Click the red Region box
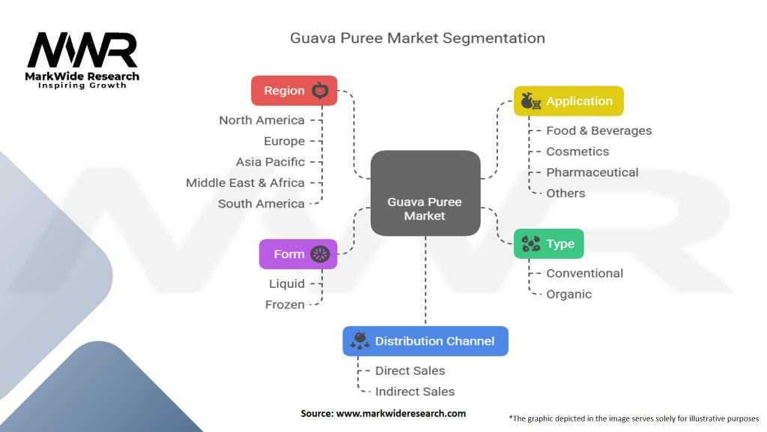pos(294,91)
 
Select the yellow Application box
pos(569,101)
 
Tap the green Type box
pos(548,244)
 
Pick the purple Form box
pos(298,253)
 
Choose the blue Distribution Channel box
pos(425,341)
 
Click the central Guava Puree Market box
pos(425,193)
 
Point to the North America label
pos(261,120)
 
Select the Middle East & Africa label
pos(245,183)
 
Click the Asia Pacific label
pos(270,162)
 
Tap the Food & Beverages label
pos(598,130)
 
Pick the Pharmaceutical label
pos(592,172)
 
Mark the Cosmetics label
pos(577,151)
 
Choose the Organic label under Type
pos(569,294)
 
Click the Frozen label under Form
pos(285,304)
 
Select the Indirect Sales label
pos(415,391)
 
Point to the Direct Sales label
pos(410,370)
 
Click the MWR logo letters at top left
pos(82,50)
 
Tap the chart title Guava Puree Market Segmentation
pos(417,38)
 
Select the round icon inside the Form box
pos(320,253)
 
